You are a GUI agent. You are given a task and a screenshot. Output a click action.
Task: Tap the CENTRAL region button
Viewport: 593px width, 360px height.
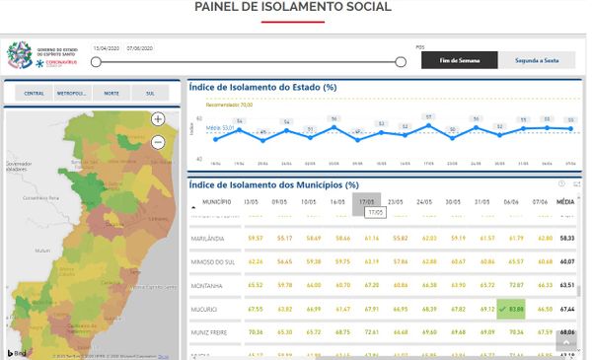[x=34, y=94]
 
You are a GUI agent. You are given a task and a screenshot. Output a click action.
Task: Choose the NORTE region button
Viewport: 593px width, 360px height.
[x=111, y=94]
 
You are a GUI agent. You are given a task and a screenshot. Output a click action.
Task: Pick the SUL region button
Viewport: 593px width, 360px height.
[x=150, y=94]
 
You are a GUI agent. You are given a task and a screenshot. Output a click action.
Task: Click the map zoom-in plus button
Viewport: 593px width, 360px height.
[x=158, y=119]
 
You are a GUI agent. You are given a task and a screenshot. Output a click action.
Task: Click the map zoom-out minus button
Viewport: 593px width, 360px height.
[x=158, y=142]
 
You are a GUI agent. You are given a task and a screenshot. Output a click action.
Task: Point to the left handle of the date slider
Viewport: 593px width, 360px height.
[x=96, y=62]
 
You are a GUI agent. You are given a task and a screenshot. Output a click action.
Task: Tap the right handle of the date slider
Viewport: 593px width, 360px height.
[x=401, y=62]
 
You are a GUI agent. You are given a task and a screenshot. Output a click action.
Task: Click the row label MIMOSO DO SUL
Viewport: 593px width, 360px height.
[x=219, y=261]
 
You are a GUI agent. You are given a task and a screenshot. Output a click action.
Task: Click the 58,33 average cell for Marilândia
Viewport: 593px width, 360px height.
[x=566, y=238]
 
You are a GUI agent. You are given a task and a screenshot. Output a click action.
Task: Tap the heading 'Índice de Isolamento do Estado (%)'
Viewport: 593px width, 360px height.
[x=262, y=87]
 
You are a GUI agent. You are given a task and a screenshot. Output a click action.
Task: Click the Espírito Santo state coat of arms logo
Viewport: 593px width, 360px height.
[x=19, y=54]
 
